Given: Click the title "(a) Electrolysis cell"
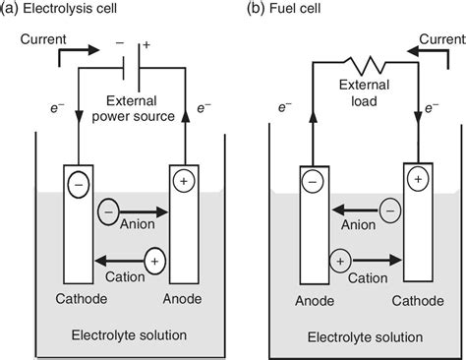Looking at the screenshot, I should pyautogui.click(x=59, y=10).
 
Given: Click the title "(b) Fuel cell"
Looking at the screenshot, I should pyautogui.click(x=283, y=10).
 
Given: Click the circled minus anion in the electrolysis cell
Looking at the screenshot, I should pyautogui.click(x=107, y=210).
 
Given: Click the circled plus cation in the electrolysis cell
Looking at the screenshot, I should pyautogui.click(x=155, y=261).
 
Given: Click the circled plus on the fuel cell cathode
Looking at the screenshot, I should pyautogui.click(x=420, y=178).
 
